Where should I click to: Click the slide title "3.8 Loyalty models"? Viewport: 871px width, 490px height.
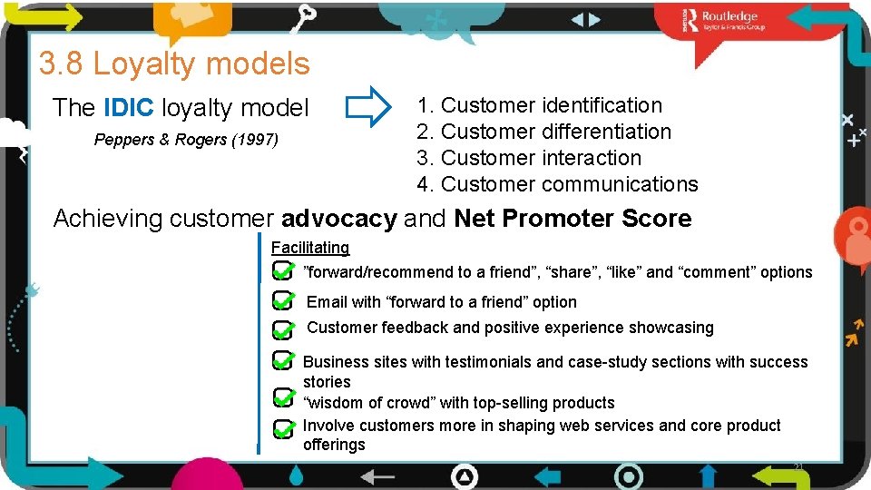[174, 64]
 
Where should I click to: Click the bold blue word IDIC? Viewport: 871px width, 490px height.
[130, 108]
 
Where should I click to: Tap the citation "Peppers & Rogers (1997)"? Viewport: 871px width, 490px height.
[186, 140]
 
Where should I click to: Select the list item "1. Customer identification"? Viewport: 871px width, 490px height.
[540, 105]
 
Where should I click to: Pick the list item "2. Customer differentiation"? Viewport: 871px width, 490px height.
[544, 132]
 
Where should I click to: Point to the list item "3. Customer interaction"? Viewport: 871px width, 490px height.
[529, 158]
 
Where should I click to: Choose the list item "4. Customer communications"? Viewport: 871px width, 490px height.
[557, 184]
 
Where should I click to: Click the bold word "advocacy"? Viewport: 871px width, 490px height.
[338, 219]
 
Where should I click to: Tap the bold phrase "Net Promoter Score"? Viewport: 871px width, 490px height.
[573, 219]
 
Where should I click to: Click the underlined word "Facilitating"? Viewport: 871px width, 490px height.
[309, 248]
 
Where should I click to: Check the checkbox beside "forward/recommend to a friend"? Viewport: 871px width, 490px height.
[282, 271]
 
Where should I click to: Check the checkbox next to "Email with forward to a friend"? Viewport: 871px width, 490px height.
[282, 301]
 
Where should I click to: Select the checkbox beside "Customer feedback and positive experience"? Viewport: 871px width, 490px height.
[282, 329]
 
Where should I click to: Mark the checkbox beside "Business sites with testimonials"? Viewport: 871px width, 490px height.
[282, 361]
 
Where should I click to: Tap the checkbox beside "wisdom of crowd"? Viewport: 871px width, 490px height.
[282, 397]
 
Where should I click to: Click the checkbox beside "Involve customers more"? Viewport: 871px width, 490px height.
[282, 426]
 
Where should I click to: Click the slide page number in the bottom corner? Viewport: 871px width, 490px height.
[798, 466]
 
